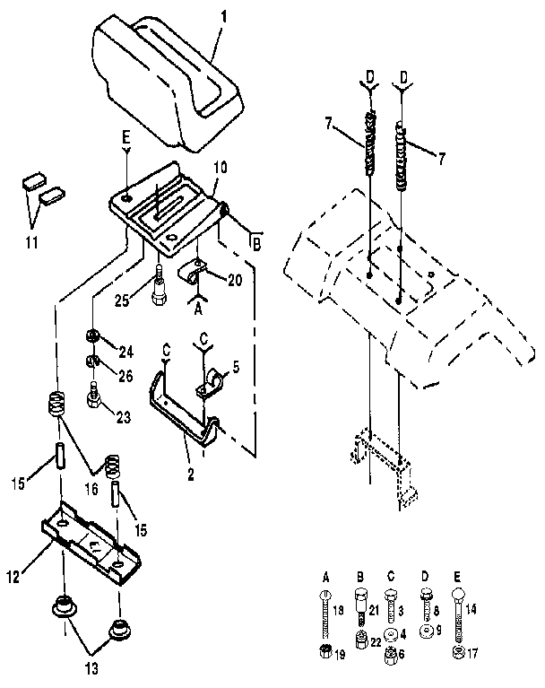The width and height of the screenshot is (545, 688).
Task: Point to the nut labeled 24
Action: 91,337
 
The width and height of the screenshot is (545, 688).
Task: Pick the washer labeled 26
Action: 91,361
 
